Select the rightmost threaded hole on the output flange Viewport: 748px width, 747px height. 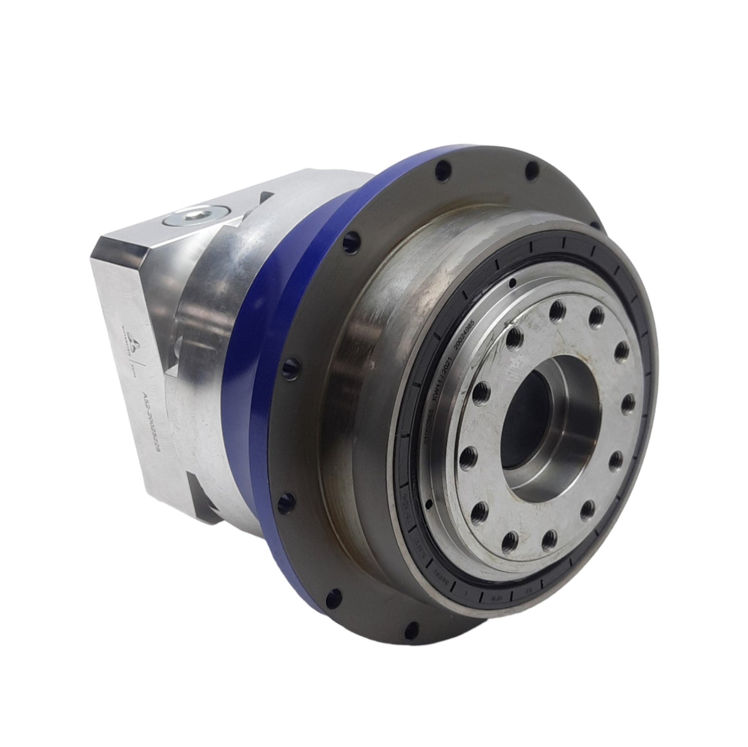pyautogui.click(x=628, y=401)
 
